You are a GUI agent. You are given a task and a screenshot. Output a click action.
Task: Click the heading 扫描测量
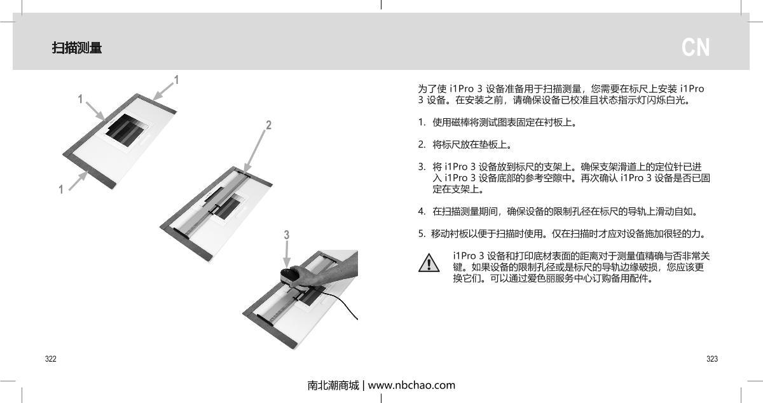pos(77,48)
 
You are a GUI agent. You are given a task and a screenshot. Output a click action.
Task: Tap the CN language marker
pos(696,48)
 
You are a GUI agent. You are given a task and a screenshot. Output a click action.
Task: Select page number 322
pos(50,359)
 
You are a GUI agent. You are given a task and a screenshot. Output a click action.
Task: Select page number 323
pos(712,359)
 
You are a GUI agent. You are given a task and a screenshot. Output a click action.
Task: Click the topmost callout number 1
pos(176,81)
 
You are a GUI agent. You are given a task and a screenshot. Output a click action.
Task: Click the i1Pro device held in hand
pos(294,277)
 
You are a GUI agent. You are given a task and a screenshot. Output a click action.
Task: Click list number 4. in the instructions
pos(422,211)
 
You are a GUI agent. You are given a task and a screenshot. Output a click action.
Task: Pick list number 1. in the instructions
pos(422,122)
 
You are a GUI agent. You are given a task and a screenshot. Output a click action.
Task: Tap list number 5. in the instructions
pos(422,233)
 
